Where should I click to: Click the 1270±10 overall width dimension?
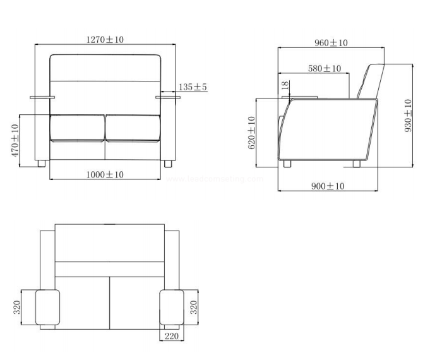pos(105,39)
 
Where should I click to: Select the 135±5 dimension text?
pos(193,87)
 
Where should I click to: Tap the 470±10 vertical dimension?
pos(15,141)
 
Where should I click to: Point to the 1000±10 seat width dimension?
pos(105,174)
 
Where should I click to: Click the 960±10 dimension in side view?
pos(331,43)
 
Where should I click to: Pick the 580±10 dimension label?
pos(325,68)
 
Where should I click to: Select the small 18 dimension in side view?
pos(285,85)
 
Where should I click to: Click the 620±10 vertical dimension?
pos(251,133)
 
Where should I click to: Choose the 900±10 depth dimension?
pos(328,186)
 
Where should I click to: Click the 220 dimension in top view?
pos(171,336)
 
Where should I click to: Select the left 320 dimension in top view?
pos(17,308)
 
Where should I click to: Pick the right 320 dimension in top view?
pos(194,308)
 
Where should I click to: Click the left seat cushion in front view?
pos(78,128)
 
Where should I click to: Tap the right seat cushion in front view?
pos(133,128)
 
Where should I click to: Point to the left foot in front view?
pos(42,164)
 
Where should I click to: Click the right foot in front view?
pos(168,164)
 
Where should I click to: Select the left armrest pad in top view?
pos(47,308)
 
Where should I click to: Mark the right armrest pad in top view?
pos(172,308)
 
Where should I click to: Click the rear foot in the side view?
pos(357,164)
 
